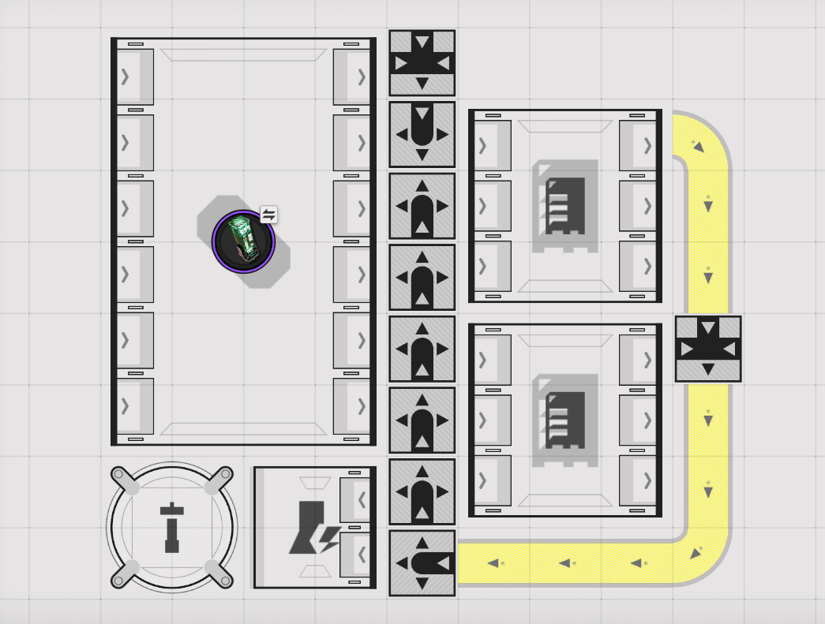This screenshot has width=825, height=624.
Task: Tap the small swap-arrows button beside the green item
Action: point(268,215)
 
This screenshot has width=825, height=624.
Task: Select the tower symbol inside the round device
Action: point(172,527)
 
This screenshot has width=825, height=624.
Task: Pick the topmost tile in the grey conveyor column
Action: point(422,63)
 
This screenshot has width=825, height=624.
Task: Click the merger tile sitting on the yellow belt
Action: point(708,349)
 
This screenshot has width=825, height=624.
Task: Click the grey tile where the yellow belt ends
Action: point(422,563)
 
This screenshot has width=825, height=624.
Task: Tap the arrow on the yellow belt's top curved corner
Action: point(698,146)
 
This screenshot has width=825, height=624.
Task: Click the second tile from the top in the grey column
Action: point(422,134)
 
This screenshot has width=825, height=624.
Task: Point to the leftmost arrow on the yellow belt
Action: point(495,563)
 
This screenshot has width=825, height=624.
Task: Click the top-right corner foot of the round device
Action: point(223,476)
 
